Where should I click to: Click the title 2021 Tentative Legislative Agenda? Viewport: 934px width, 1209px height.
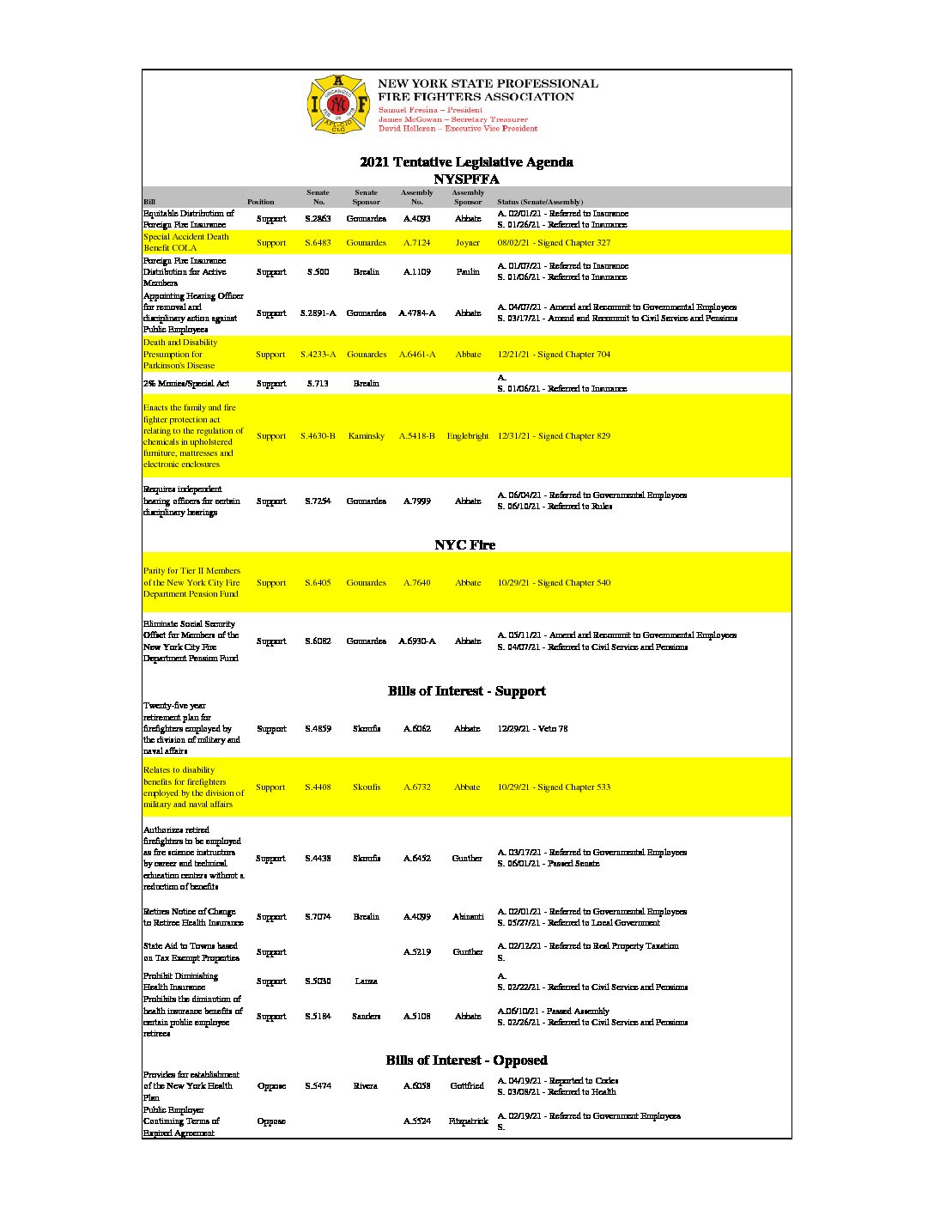click(466, 162)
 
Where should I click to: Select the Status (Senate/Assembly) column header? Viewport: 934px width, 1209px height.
click(540, 202)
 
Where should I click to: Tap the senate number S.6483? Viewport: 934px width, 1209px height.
click(318, 243)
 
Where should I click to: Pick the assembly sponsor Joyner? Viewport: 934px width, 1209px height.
click(468, 243)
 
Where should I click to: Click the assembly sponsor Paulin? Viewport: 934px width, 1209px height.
click(468, 272)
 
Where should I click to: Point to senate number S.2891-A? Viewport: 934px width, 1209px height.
click(318, 313)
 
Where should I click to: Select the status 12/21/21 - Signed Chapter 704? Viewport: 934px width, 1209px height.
click(554, 355)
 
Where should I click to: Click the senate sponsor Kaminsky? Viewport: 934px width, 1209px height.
click(367, 436)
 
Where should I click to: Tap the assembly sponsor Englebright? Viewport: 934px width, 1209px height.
click(468, 436)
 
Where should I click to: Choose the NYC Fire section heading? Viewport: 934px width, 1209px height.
click(465, 545)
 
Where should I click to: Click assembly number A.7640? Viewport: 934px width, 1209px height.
click(417, 583)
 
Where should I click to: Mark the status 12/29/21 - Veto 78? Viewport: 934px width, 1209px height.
click(532, 729)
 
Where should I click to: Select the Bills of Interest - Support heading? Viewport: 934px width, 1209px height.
click(466, 691)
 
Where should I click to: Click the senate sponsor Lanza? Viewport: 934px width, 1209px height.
click(367, 981)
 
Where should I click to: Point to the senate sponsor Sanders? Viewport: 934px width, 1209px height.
click(367, 1017)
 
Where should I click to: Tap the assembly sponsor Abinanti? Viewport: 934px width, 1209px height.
click(468, 917)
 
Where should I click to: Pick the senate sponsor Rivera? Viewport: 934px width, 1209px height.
click(366, 1086)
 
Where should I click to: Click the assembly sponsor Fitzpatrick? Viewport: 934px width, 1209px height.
click(468, 1121)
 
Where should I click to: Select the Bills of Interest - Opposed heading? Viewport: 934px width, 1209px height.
click(466, 1060)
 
